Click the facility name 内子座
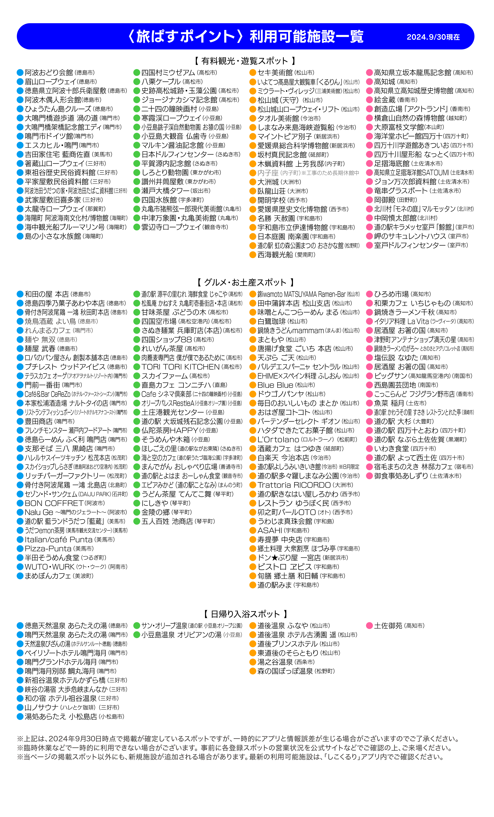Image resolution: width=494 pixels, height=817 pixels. pos(268,173)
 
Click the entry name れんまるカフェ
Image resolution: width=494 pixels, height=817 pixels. pos(47,331)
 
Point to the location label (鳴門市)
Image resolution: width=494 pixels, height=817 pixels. pos(83,331)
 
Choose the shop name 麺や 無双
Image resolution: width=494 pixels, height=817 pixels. pos(40,340)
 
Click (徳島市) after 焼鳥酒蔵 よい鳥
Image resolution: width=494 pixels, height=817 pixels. pos(88,321)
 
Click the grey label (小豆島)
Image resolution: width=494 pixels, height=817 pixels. pos(232,635)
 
